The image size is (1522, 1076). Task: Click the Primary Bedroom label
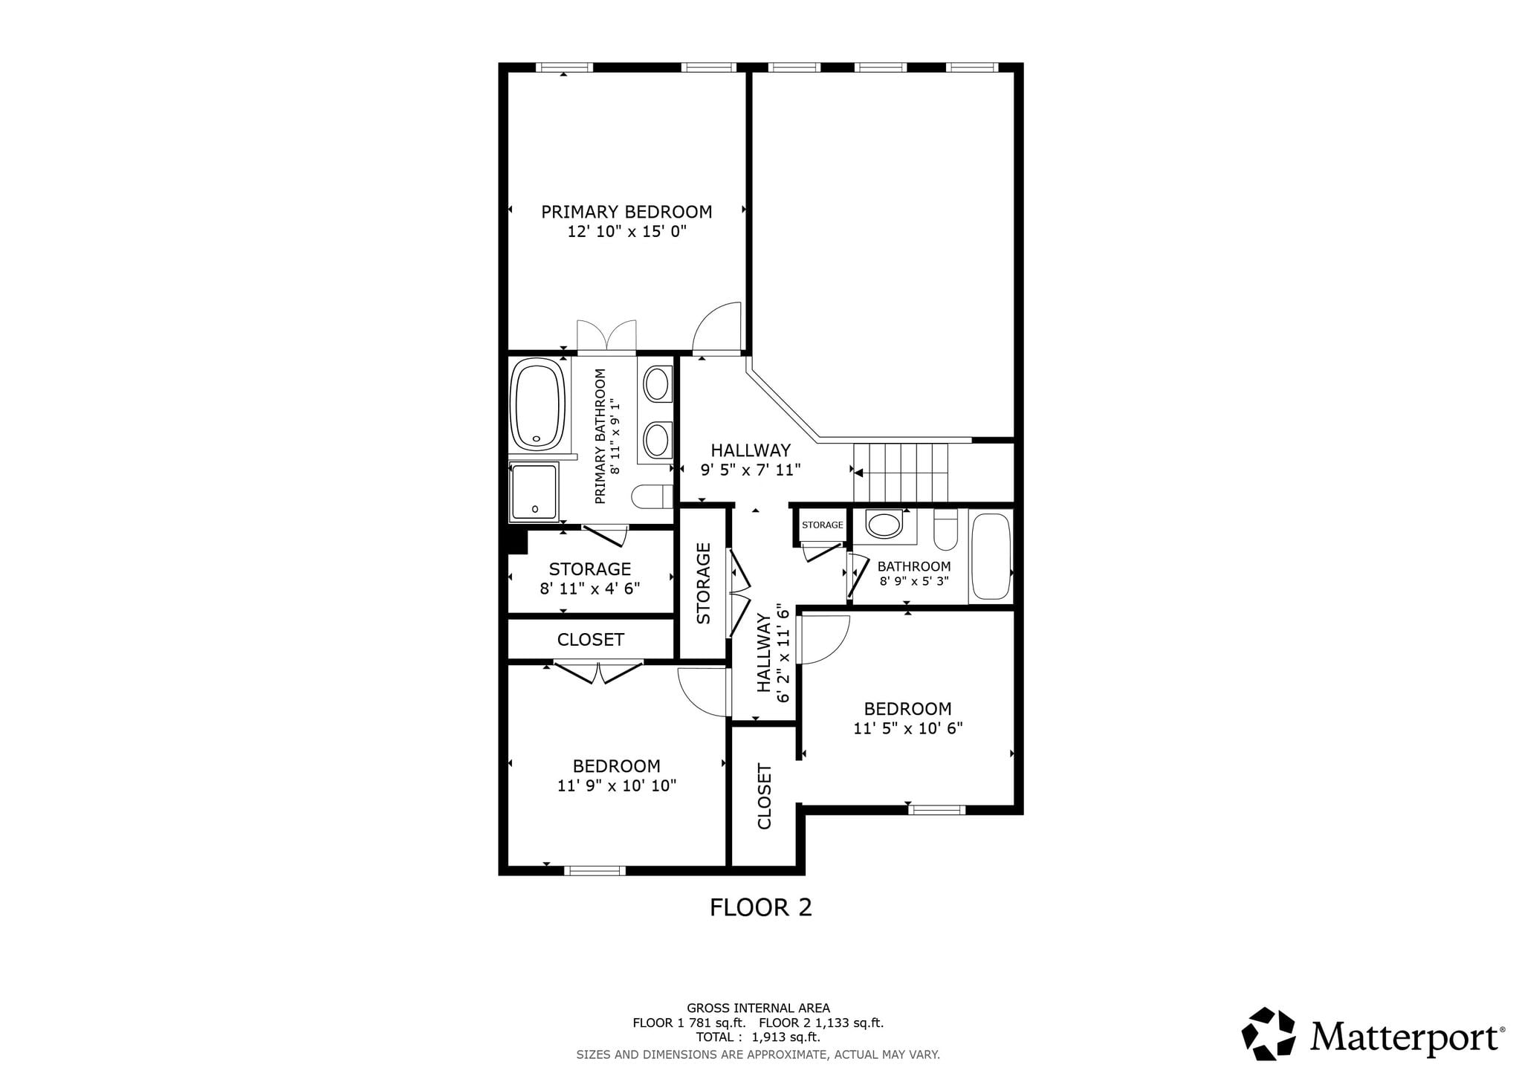(626, 213)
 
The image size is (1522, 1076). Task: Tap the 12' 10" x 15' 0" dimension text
(626, 232)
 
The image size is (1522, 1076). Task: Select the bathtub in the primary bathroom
(538, 405)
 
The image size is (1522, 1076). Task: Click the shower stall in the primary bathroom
(534, 491)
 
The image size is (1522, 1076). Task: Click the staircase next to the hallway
(901, 473)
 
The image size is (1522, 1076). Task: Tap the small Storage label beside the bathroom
(823, 525)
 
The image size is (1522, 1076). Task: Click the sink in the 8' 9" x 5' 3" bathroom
(884, 525)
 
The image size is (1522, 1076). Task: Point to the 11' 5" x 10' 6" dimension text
(907, 729)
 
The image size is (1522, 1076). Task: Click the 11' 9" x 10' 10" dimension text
(617, 786)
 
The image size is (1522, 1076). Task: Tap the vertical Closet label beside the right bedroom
(765, 797)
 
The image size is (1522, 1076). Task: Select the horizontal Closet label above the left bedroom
(591, 640)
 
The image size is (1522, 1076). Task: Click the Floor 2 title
(761, 907)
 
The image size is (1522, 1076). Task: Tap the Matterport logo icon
(1269, 1034)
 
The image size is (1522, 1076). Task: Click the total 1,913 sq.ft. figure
(786, 1037)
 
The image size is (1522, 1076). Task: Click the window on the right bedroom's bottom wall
(936, 810)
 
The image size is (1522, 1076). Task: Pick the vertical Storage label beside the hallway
(704, 583)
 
